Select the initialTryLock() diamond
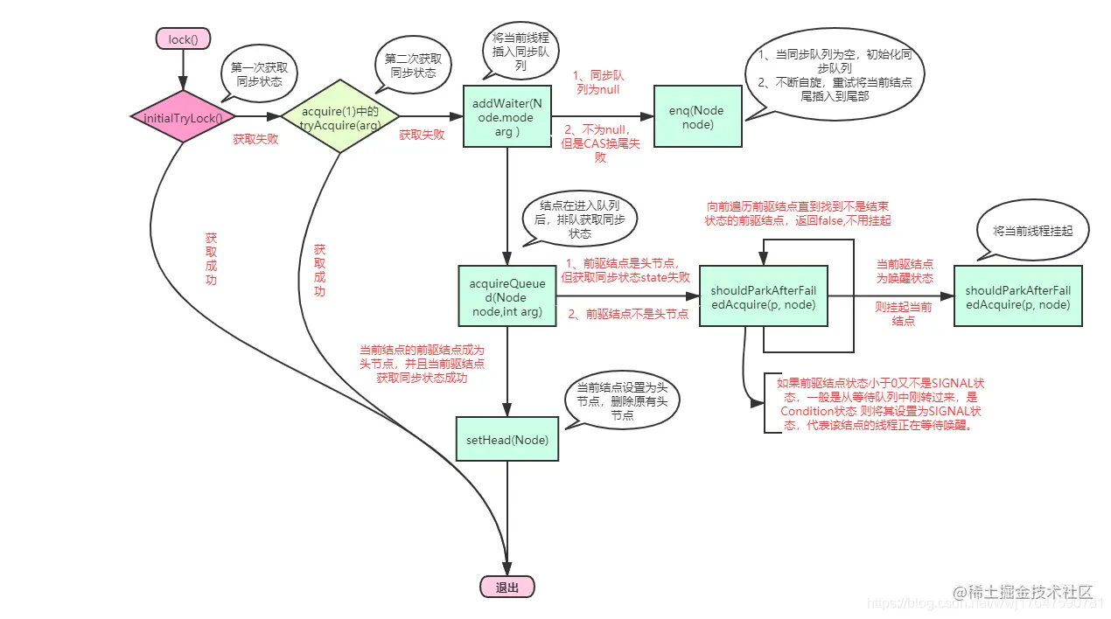[184, 117]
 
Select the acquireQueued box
[507, 296]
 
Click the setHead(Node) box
[507, 440]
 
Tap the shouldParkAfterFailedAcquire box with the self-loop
[763, 296]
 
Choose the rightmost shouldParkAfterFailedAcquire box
[1017, 296]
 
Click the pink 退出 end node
[507, 588]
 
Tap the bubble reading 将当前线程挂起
[1032, 231]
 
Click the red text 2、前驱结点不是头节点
[628, 314]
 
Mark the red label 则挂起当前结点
[904, 314]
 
